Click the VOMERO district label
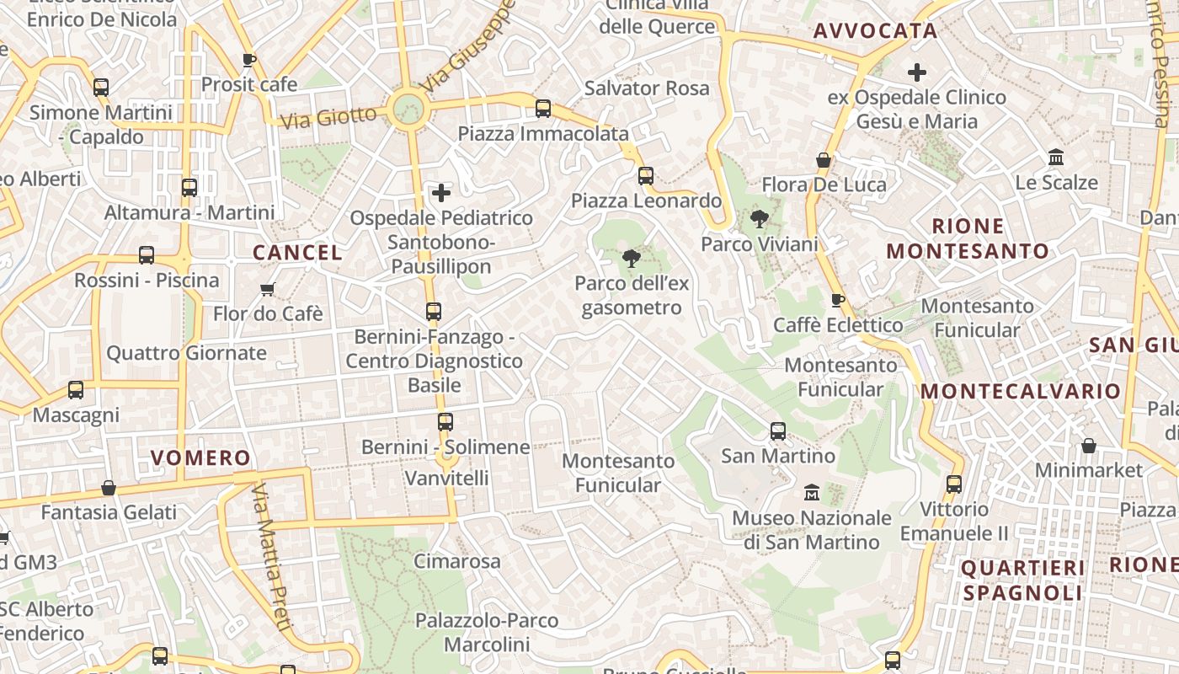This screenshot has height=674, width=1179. pos(200,458)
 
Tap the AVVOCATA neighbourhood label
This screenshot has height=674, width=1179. pos(875,31)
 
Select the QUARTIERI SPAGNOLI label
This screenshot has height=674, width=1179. pos(1022,580)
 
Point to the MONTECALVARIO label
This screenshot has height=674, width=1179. pos(1021,391)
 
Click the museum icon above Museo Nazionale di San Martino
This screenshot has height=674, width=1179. pos(812,492)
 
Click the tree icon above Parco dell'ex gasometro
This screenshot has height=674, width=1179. pos(632,259)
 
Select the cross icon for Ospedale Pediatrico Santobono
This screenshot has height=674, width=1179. pos(441,193)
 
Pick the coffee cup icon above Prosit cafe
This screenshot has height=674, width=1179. pos(248,60)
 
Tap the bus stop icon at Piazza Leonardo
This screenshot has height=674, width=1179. pos(646,175)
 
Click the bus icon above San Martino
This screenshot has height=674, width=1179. pos(778,431)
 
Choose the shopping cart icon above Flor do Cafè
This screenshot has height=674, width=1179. pos(268,290)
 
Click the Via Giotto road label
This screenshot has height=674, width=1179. pos(328,117)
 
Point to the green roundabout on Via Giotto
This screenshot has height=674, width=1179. pos(408,109)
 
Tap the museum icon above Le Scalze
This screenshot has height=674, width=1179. pos(1056,158)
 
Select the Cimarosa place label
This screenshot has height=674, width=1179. pos(457,561)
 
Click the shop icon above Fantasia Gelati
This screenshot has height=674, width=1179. pos(109,488)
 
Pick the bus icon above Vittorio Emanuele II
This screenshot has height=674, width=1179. pos(953,484)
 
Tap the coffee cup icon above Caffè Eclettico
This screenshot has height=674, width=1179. pos(837,300)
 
